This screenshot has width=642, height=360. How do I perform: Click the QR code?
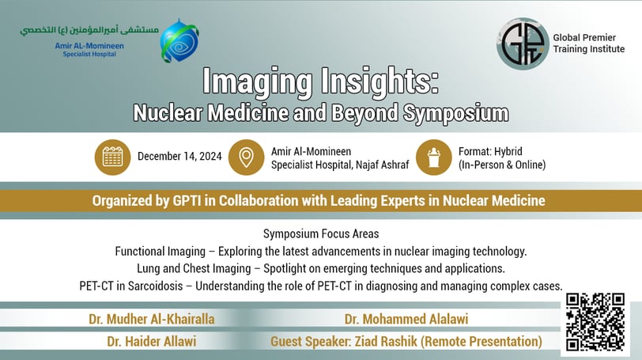coord(595,322)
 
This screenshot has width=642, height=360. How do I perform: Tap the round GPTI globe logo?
coord(523,44)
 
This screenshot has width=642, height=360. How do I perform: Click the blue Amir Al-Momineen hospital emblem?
coord(179,41)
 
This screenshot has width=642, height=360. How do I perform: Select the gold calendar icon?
coord(112,157)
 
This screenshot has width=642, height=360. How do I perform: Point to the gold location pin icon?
coord(246,157)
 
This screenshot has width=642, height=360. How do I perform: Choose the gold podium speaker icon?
coord(434,157)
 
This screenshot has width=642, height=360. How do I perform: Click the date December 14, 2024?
coord(179,157)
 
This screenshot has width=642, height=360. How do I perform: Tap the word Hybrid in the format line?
coord(508,152)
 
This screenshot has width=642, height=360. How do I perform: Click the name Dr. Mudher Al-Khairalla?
coord(152,319)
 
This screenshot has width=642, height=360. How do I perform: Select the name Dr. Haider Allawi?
coord(152,341)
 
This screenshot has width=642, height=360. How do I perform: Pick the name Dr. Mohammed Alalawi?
coord(406,319)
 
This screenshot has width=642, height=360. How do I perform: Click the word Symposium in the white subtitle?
coord(455,113)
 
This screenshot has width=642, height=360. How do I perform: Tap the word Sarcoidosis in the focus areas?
coord(155,286)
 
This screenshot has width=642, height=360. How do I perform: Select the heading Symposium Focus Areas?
coord(321,234)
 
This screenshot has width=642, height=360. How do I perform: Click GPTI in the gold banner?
coord(187,201)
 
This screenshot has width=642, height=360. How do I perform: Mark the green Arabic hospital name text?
coord(89,30)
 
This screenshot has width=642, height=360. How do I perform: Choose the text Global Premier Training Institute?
coord(588,44)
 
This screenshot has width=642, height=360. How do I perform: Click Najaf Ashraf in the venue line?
coord(382,165)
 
